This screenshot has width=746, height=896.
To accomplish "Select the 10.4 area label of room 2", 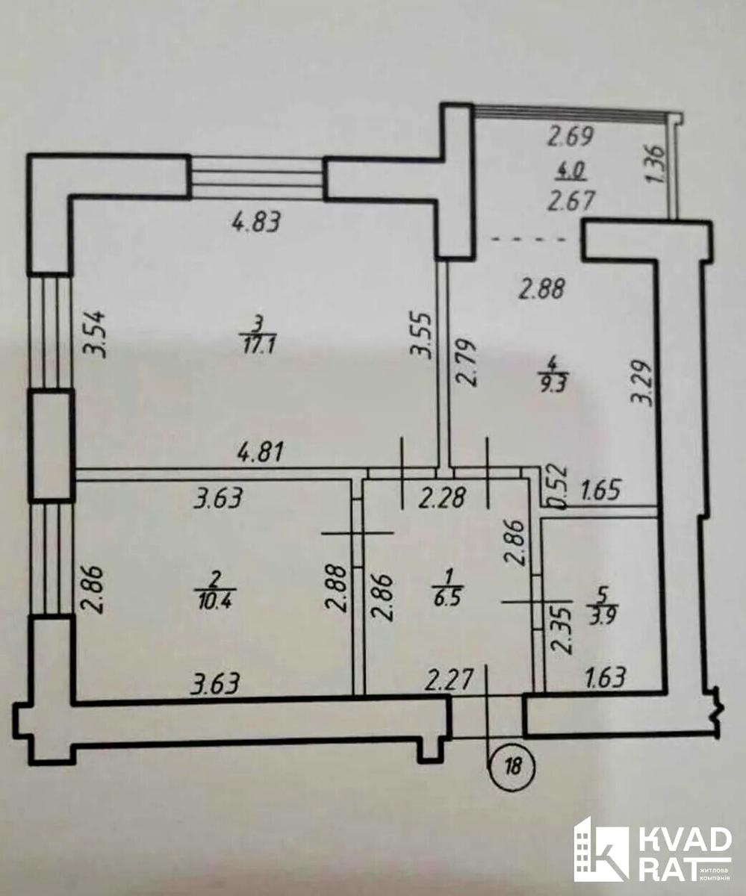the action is (216, 602).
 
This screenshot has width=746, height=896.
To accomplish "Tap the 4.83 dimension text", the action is (256, 223).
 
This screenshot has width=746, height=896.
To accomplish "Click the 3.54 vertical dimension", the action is (93, 335).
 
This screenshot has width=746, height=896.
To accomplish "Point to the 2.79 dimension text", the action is (466, 363).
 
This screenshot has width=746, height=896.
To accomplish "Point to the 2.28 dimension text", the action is (442, 499).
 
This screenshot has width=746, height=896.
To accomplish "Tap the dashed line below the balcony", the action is (529, 240).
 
